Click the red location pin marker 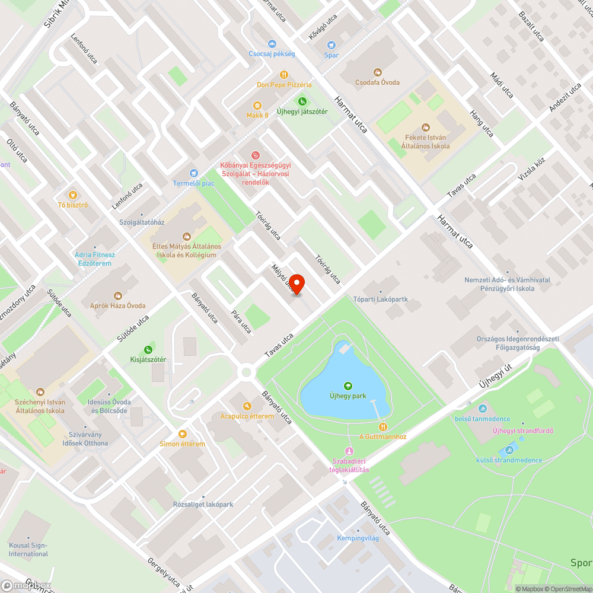click(297, 283)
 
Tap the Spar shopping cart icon click(331, 44)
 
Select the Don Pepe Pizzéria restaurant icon click(284, 75)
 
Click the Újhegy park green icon click(348, 386)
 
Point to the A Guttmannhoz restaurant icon click(383, 426)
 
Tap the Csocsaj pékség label click(272, 54)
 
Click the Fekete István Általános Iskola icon click(425, 127)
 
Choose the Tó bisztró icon click(73, 195)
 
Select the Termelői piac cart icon click(194, 173)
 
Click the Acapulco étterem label click(247, 416)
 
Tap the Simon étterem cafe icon click(183, 433)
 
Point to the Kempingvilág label click(358, 538)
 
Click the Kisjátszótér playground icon click(148, 350)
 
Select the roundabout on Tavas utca click(246, 372)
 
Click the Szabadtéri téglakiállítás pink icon click(349, 452)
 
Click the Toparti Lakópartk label click(381, 299)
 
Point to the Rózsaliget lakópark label click(203, 505)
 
